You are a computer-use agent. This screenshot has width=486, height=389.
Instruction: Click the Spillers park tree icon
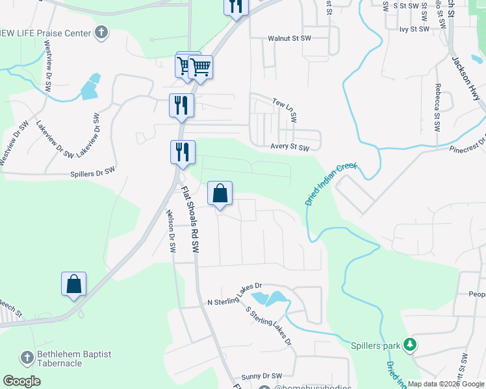410,344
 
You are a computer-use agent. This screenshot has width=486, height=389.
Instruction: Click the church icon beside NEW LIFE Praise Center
101,32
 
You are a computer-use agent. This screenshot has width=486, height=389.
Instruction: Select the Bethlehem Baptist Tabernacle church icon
27,357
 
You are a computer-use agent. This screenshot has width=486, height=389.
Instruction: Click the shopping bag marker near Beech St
74,285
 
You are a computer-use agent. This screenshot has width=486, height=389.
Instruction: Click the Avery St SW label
290,147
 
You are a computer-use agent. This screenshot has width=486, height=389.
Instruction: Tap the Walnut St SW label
290,39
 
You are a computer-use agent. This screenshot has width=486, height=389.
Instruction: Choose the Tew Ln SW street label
285,110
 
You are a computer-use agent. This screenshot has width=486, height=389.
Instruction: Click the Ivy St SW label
415,29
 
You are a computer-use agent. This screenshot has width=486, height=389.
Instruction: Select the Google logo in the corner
22,381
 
